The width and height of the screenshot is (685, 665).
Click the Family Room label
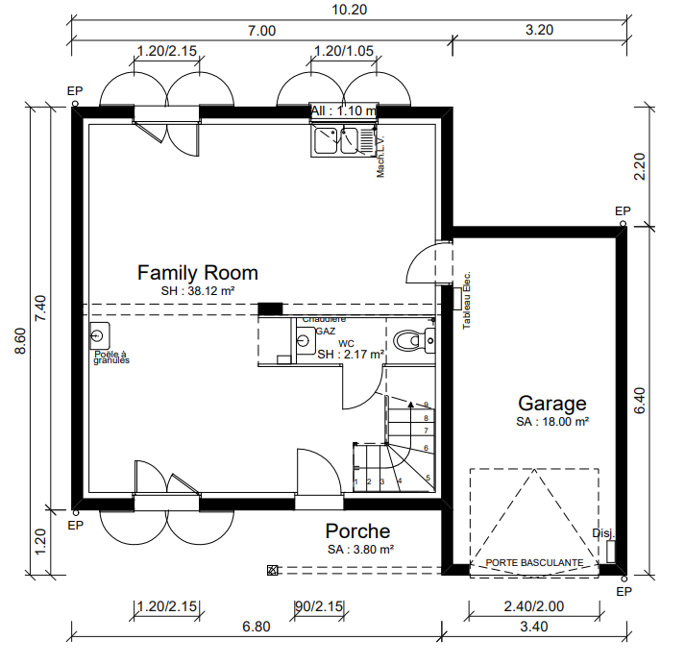click(197, 272)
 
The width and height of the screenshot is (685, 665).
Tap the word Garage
click(551, 403)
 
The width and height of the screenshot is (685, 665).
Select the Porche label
click(357, 531)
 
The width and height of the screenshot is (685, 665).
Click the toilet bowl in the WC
click(408, 339)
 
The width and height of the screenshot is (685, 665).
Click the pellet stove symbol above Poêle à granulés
click(98, 336)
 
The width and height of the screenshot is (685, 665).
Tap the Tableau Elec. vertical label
click(467, 300)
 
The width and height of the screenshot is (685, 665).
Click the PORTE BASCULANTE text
click(533, 562)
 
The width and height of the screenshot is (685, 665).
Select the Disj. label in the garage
click(602, 533)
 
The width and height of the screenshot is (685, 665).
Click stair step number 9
click(425, 406)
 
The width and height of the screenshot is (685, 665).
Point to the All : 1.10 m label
click(341, 111)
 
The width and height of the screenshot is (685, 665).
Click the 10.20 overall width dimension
click(348, 9)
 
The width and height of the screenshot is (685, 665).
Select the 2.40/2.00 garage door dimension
click(533, 606)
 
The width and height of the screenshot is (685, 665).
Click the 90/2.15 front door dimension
click(318, 606)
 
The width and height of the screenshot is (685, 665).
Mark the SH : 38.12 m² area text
click(198, 290)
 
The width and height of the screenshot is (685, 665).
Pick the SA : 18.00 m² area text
click(552, 421)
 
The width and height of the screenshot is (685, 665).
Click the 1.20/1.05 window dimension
click(344, 50)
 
